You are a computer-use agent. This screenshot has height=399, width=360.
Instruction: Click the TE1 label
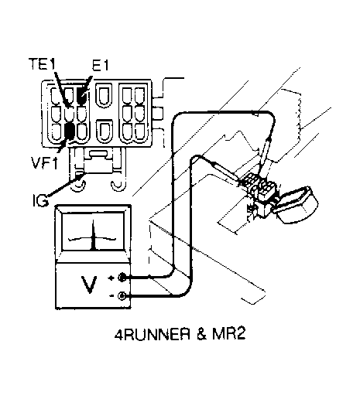tap(42, 64)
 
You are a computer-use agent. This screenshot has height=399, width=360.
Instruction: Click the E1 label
tap(101, 65)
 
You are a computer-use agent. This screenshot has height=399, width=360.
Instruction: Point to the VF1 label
tap(44, 162)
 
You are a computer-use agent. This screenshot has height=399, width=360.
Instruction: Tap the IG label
tap(40, 200)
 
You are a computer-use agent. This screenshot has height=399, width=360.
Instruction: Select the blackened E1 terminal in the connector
tap(82, 96)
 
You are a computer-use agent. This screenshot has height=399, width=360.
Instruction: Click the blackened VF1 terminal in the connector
tap(70, 131)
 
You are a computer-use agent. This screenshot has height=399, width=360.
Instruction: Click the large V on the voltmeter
tap(89, 285)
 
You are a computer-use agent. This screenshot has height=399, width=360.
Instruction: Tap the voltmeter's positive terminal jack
tap(122, 278)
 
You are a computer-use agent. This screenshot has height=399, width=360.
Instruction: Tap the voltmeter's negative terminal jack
tap(122, 295)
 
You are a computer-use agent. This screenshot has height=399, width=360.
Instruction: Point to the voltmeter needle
tap(94, 234)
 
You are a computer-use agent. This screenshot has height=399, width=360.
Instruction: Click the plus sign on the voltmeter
tap(111, 278)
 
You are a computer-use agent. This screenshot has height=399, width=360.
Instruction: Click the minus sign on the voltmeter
tap(111, 296)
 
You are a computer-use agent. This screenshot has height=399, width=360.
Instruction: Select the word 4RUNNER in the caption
tap(153, 334)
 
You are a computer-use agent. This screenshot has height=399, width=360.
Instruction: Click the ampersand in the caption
tap(201, 334)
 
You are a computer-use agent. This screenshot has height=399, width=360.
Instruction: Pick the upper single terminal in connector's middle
tap(104, 94)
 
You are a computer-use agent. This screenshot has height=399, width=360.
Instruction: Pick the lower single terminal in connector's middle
tap(105, 131)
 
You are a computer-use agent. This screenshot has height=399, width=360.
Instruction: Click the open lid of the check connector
tap(296, 205)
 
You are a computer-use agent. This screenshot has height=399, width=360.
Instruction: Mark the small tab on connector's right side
tap(158, 114)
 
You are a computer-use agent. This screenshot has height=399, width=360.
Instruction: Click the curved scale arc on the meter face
tap(92, 238)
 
